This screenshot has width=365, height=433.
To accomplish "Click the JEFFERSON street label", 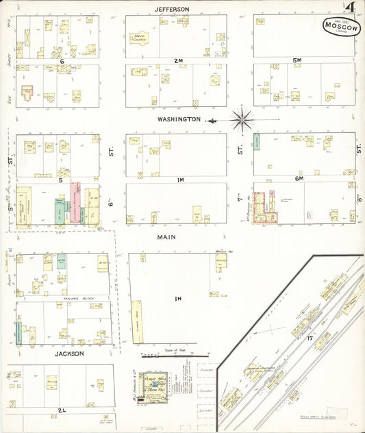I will (x=171, y=9).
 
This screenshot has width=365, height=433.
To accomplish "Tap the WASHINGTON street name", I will (x=179, y=119).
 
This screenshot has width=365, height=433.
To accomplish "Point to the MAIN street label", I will (x=166, y=237).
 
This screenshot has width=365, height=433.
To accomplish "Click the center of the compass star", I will (x=242, y=120).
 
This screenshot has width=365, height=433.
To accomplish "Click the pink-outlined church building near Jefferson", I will (x=29, y=92).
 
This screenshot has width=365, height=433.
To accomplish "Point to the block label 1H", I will (x=178, y=298).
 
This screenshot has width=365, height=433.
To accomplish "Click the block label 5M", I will (x=297, y=61).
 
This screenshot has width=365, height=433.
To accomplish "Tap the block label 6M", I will (x=299, y=179).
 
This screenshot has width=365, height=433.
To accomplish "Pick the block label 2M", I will (x=178, y=61).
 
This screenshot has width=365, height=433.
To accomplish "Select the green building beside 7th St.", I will (x=257, y=142).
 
